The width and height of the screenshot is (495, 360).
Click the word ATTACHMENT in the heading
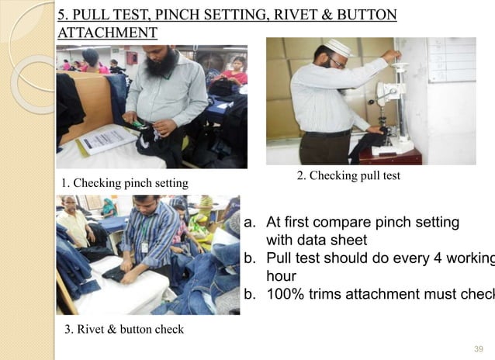point(108,33)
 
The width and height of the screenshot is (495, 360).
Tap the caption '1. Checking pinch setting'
point(124,183)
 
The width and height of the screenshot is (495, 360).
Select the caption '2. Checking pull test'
point(348,176)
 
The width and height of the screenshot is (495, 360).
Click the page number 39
point(479,349)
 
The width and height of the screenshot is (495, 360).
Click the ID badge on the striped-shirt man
point(144,247)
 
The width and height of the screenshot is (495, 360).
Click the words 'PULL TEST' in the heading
point(112,15)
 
